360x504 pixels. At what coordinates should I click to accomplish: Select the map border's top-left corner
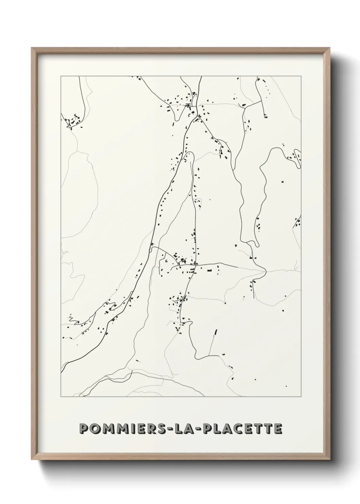(61, 76)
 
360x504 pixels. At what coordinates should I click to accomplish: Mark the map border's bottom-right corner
(301, 397)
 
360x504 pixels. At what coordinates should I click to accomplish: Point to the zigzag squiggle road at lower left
(71, 318)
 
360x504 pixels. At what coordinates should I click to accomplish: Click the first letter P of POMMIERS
(83, 428)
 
